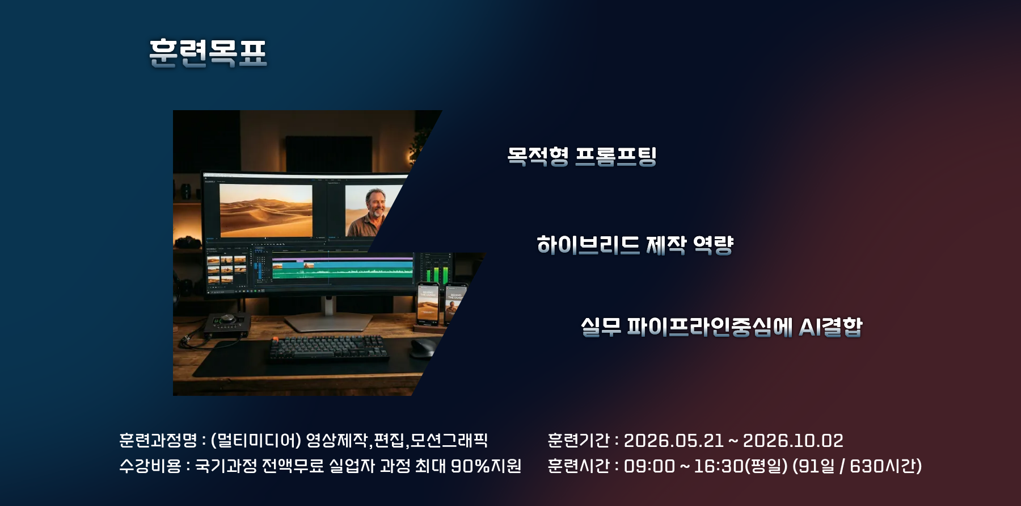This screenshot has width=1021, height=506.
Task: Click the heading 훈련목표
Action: (208, 53)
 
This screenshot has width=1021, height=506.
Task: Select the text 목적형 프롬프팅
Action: (582, 156)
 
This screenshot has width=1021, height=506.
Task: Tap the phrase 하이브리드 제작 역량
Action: (635, 245)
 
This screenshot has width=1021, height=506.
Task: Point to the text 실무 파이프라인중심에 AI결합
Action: (722, 327)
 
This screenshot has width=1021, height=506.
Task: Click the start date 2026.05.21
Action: (674, 441)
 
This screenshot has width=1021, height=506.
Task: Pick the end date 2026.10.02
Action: (793, 441)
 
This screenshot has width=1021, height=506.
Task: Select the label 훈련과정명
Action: (158, 440)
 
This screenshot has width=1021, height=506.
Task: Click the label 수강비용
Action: (150, 466)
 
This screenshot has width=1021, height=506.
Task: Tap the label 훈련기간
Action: (579, 440)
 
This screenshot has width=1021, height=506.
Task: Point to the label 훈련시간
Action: (579, 466)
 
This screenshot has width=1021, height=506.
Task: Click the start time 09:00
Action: (649, 466)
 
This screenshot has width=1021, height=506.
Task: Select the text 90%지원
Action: (486, 466)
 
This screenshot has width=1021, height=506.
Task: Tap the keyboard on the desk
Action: (329, 348)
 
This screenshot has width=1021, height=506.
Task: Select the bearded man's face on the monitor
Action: (375, 203)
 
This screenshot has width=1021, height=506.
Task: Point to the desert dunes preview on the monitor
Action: (266, 210)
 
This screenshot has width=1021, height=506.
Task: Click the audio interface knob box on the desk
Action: (227, 325)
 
